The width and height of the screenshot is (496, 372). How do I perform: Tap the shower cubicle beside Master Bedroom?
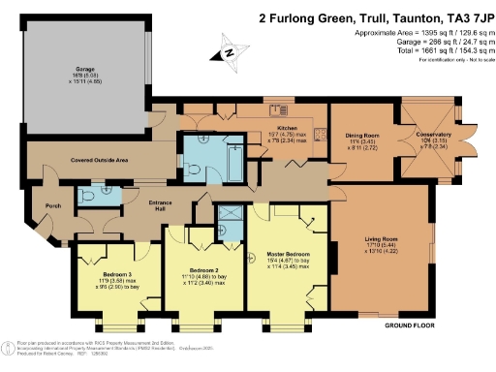coord(230,216)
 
